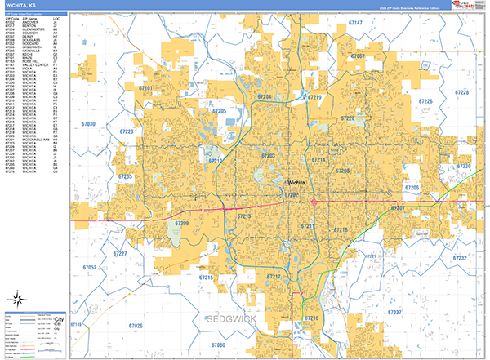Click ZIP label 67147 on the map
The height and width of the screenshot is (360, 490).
[x=355, y=24]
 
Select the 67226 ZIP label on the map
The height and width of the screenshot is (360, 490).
[x=425, y=101]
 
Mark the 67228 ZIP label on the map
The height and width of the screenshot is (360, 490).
[x=461, y=93]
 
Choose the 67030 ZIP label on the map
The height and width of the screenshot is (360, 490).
[x=88, y=124]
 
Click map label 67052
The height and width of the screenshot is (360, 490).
[x=89, y=267]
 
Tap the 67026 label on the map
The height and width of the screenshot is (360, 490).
[x=134, y=326]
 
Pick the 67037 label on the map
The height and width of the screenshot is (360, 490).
[x=395, y=313]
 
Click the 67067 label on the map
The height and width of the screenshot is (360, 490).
[x=357, y=56]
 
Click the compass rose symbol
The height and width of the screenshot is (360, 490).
[x=15, y=301]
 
